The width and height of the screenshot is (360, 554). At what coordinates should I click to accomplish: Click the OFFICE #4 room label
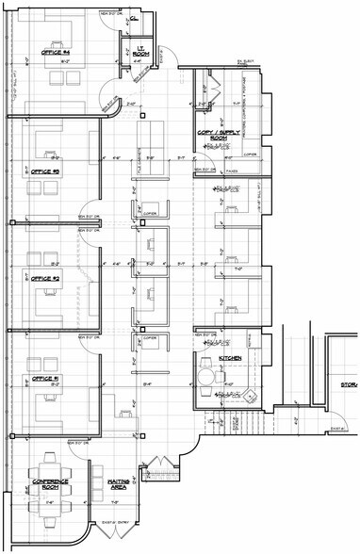tap(46, 53)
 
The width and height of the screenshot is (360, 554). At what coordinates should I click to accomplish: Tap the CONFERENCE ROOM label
tap(48, 484)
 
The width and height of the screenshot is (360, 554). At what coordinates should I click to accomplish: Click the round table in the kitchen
tap(206, 379)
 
